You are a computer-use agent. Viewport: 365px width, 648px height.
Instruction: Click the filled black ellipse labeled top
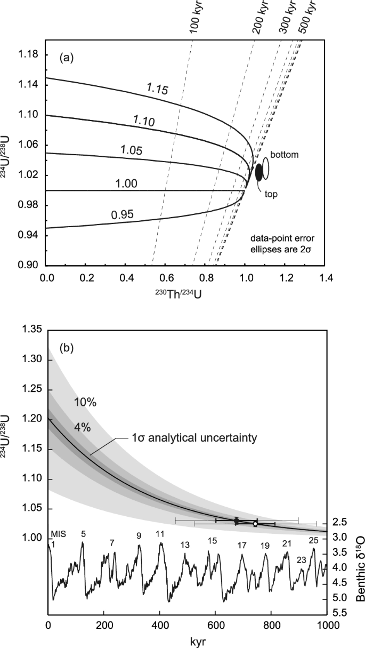point(259,172)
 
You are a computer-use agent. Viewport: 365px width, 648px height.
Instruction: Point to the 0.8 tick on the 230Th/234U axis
point(206,278)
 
